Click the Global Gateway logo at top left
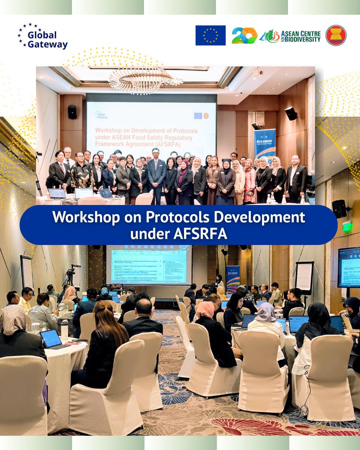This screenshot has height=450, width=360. [x=42, y=36]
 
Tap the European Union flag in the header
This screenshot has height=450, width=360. [x=210, y=35]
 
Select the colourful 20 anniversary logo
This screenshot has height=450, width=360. [x=244, y=36]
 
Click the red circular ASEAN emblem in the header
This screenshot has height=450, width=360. [x=336, y=36]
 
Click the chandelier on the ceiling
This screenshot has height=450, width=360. [x=145, y=79]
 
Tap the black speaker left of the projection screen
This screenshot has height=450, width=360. [x=72, y=112]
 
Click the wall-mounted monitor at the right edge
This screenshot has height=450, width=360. [x=349, y=267]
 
